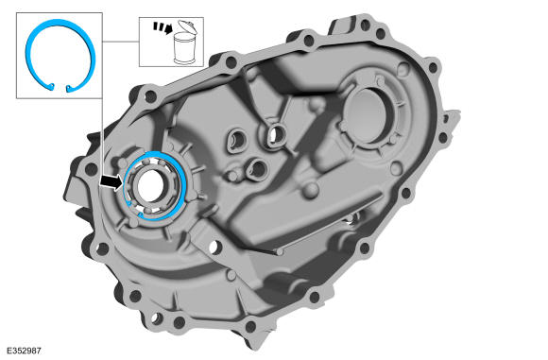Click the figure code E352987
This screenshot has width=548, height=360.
(24, 351)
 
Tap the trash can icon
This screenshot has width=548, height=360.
(185, 48)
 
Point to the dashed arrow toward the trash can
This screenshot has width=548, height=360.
(163, 27)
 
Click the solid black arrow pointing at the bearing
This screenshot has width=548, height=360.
(111, 181)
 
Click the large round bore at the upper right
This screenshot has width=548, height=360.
(366, 114)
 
